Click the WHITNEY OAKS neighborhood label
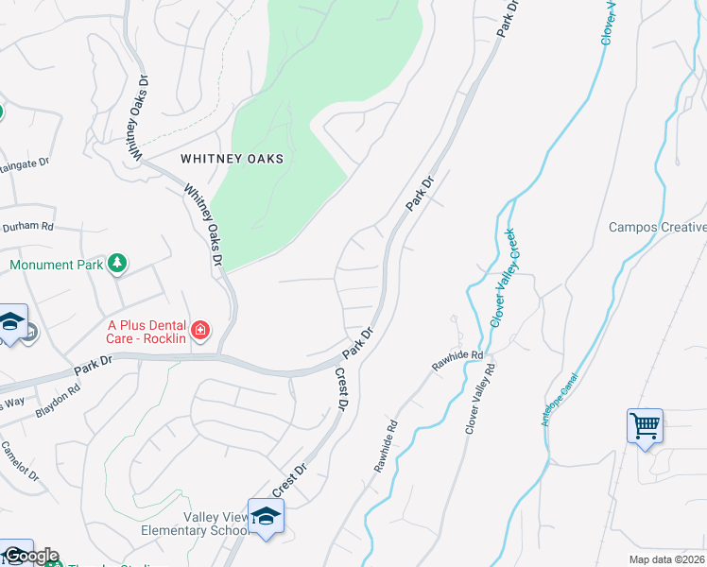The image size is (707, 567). [237, 160]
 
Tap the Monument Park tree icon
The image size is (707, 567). [117, 263]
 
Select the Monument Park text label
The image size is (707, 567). [56, 266]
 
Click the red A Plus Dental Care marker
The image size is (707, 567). [199, 330]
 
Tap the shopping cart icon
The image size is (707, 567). [645, 425]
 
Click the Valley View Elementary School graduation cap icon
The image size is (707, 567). [266, 516]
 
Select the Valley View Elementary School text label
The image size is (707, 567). [193, 524]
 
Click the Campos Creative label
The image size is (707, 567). [657, 227]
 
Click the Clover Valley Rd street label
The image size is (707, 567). [480, 401]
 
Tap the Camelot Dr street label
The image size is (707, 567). [20, 461]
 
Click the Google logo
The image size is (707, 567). [30, 556]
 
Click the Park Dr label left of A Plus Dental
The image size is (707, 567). [93, 362]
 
